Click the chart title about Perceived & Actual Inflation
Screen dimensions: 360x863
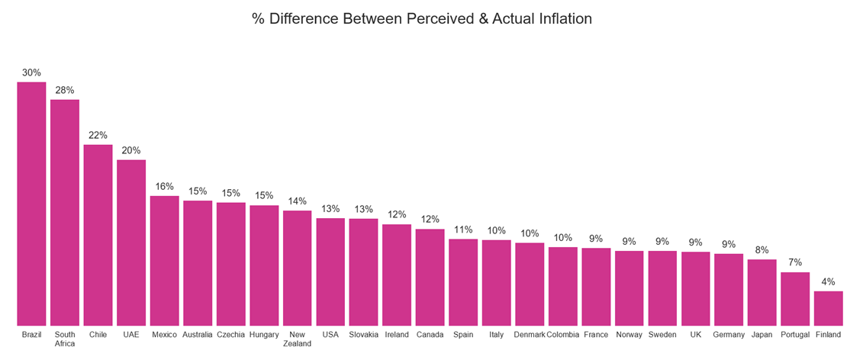421,18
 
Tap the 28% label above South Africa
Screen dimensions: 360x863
65,90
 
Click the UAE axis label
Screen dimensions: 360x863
131,334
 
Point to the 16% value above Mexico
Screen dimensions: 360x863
164,186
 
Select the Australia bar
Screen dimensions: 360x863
198,263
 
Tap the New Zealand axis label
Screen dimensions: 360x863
297,339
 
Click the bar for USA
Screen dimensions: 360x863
330,272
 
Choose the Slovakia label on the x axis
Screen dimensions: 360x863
363,334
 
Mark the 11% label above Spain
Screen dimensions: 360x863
463,229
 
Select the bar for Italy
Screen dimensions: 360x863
496,282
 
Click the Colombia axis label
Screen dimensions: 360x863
562,334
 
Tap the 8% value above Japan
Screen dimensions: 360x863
762,249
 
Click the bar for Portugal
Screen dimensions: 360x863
795,298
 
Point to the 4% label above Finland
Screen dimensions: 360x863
828,281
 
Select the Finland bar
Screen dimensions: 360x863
828,308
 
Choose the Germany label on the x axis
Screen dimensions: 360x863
729,334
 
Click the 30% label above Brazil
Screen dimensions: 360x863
32,72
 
